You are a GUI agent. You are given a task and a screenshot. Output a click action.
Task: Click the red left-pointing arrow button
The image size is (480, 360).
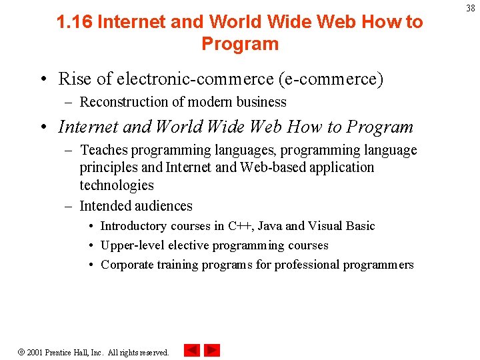pyautogui.click(x=191, y=350)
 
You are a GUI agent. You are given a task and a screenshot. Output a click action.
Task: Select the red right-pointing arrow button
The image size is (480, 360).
pyautogui.click(x=212, y=350)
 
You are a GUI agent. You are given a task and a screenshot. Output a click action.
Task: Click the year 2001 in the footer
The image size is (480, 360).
pyautogui.click(x=35, y=351)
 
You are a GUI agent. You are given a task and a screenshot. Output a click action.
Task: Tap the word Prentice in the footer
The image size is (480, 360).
pyautogui.click(x=59, y=351)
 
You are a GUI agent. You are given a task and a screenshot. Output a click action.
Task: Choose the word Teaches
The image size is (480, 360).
pyautogui.click(x=103, y=150)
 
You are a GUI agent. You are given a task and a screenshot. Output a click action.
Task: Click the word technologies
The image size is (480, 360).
pyautogui.click(x=117, y=185)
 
